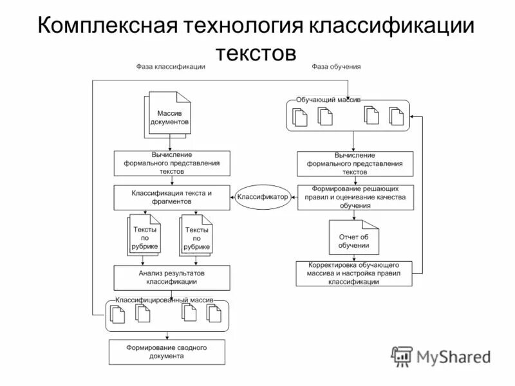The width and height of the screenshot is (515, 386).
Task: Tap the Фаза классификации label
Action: (171, 67)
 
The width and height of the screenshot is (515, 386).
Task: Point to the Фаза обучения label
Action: (337, 67)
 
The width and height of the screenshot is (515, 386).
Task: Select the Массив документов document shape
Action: (169, 116)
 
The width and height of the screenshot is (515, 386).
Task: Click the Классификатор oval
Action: (263, 197)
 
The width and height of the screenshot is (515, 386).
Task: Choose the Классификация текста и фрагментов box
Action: (172, 197)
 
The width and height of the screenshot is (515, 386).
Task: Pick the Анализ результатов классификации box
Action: (172, 277)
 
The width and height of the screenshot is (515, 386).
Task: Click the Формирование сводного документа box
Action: (167, 352)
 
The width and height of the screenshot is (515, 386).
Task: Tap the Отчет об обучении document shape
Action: (354, 240)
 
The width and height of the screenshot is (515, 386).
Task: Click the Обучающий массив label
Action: (328, 100)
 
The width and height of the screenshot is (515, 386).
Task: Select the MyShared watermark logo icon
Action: (402, 356)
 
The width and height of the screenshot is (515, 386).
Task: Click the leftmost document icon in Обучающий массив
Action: (301, 117)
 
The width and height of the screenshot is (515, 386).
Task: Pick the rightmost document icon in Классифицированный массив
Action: (214, 313)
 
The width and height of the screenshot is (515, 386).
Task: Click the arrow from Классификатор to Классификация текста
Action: (232, 197)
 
